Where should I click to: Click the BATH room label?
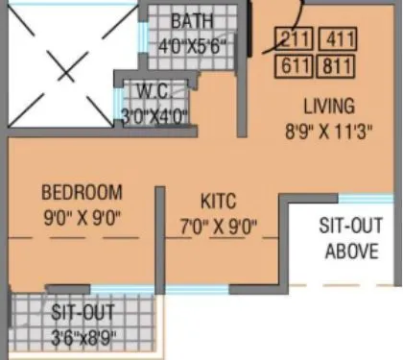pyautogui.click(x=193, y=21)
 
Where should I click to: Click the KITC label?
pyautogui.click(x=219, y=202)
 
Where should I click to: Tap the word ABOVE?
pyautogui.click(x=351, y=252)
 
